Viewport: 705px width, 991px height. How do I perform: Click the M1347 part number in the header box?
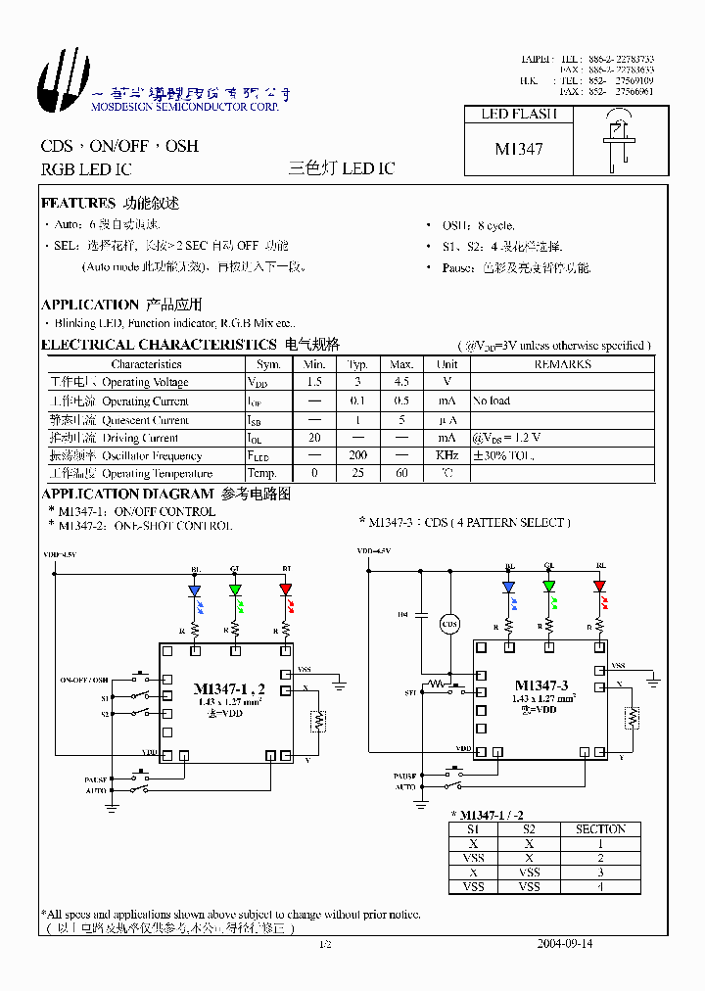pos(518,149)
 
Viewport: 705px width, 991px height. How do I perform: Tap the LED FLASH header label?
pos(518,114)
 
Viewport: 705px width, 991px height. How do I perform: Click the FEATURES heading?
pos(78,204)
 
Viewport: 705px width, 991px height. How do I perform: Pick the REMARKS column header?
pos(561,364)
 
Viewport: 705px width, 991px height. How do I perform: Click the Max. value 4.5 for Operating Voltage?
pos(401,382)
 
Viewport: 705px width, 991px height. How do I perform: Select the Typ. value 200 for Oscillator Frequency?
pos(357,456)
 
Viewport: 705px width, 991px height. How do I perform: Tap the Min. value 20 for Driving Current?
pos(314,438)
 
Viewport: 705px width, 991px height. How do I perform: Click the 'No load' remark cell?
pos(491,401)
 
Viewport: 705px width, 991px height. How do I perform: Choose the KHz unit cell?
pos(447,456)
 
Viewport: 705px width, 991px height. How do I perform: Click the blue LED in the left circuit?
pos(194,590)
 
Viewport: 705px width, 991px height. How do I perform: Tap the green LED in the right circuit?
pos(549,587)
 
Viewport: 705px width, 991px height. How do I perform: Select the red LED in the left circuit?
pos(285,590)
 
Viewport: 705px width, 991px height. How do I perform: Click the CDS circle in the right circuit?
pos(449,623)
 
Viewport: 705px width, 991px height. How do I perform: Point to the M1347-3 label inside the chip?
pos(541,685)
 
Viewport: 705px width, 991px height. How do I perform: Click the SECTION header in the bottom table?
pos(599,829)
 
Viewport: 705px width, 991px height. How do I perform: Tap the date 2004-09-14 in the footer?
pos(565,943)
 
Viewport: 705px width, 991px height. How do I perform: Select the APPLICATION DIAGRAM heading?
pos(127,495)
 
